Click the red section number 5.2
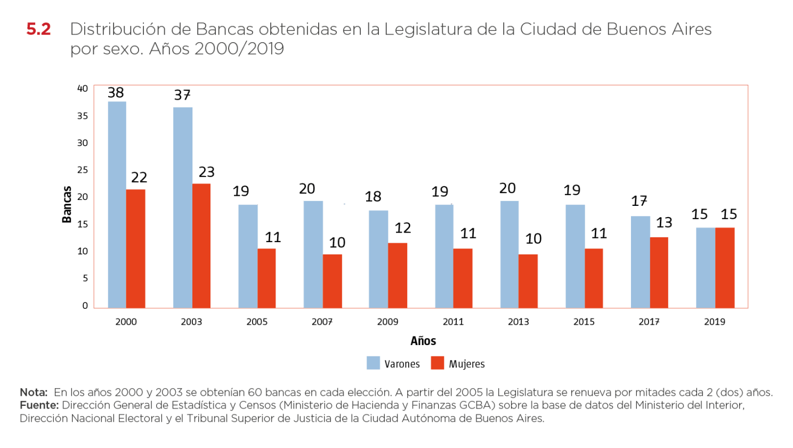[38, 29]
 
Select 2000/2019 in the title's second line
[239, 49]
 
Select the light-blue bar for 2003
[183, 207]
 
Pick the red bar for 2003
[201, 245]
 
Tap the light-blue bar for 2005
[248, 256]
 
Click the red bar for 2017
[659, 272]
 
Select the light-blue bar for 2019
[706, 268]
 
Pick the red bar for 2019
[725, 268]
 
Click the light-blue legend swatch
[373, 363]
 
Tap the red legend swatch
[438, 363]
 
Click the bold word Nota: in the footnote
[34, 393]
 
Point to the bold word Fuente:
[39, 405]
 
